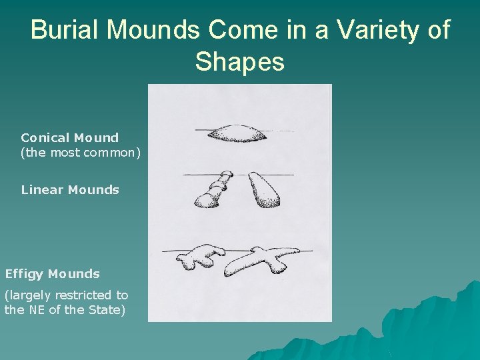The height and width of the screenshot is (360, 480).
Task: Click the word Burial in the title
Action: [63, 31]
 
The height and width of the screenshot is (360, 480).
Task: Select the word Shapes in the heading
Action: [240, 62]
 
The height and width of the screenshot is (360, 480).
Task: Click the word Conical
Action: [45, 138]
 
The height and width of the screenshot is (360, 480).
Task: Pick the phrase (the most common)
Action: [81, 152]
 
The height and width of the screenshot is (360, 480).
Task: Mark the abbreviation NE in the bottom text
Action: [37, 310]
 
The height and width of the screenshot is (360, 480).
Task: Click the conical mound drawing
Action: [238, 133]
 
